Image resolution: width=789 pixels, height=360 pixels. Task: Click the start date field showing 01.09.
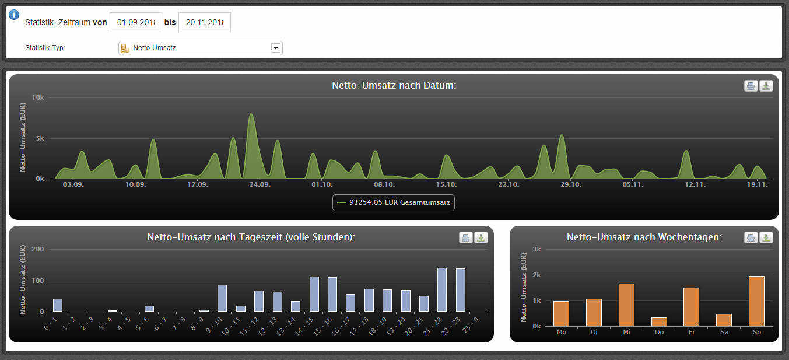click(136, 22)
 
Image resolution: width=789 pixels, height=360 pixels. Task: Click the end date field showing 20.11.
click(205, 22)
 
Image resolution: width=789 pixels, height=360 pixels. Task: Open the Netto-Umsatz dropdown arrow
click(275, 48)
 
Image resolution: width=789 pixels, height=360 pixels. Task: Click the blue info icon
click(14, 15)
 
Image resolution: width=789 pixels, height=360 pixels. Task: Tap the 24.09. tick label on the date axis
click(260, 184)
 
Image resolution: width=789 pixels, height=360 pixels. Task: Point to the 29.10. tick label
click(571, 184)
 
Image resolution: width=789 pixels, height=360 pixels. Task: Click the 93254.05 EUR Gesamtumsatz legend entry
click(394, 202)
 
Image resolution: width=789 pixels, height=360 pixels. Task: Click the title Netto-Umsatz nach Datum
click(394, 85)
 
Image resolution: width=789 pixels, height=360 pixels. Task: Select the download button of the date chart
click(766, 86)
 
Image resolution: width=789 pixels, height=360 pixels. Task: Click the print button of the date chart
click(751, 86)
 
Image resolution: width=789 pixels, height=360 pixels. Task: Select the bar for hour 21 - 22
click(441, 290)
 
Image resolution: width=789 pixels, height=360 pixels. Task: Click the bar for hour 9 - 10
click(222, 298)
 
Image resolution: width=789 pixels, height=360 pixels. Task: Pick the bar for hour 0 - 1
click(57, 305)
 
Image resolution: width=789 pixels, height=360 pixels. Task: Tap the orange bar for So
click(756, 301)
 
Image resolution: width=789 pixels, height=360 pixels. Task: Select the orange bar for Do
click(659, 322)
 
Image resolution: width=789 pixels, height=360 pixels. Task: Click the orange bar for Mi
click(627, 305)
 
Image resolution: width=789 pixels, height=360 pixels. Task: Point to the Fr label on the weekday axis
click(692, 332)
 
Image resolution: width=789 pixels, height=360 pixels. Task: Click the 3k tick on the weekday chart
click(537, 249)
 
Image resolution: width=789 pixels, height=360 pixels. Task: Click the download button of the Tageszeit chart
click(481, 237)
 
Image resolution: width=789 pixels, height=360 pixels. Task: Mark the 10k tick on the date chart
click(38, 97)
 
